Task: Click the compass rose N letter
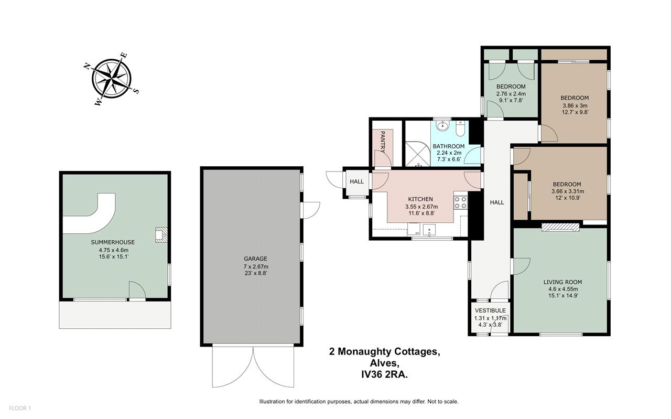pos(87,67)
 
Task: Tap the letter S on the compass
pos(136,91)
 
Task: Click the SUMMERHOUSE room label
pos(113,242)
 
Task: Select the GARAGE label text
pos(255,259)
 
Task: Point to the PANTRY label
pos(383,142)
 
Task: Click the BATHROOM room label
pos(449,146)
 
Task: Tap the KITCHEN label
pos(420,199)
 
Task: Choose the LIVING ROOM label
pos(563,282)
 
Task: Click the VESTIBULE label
pos(490,310)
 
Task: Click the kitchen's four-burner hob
pos(461,202)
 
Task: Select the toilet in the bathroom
pos(460,129)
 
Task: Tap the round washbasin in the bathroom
pos(442,126)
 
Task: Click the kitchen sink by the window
pos(429,230)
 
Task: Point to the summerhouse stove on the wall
pos(161,235)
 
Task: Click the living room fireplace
pos(560,227)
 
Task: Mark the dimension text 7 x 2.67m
pos(256,266)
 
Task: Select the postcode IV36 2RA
pos(385,374)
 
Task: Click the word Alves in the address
pos(385,363)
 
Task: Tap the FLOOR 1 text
pos(20,408)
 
